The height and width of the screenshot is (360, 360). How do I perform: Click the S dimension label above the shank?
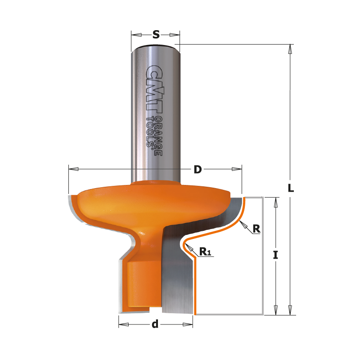coord(156,35)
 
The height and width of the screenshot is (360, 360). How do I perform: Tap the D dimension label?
coord(198,170)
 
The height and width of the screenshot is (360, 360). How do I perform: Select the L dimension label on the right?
coord(291,188)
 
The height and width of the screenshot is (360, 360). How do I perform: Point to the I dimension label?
coord(275,255)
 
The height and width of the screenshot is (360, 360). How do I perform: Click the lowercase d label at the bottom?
coord(155,324)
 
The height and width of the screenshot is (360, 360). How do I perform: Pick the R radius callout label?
coord(256,229)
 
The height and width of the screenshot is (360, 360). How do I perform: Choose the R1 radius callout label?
coord(205,252)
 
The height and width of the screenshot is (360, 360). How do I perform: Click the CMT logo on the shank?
coord(153,89)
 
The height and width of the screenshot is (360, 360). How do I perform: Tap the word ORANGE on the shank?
coord(158,136)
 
